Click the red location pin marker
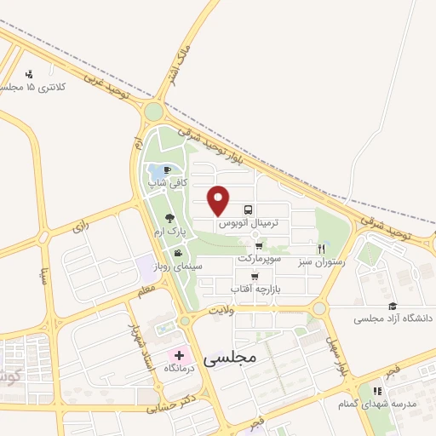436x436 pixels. coord(220,199)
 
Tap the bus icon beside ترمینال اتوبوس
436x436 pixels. coord(248,209)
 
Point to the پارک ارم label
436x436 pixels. coord(169,232)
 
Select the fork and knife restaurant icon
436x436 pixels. coord(321,249)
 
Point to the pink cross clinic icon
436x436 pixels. coord(180,354)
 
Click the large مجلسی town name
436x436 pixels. coord(231,359)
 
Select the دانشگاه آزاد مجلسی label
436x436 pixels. coord(393,318)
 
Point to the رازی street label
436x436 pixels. coord(81,227)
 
